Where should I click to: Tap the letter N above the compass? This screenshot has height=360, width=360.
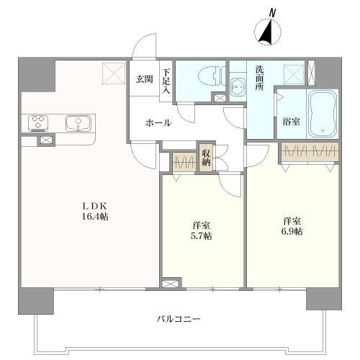pyautogui.click(x=272, y=12)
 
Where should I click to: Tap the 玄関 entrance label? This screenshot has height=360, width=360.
pyautogui.click(x=144, y=78)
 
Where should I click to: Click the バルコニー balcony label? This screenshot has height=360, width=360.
pyautogui.click(x=179, y=318)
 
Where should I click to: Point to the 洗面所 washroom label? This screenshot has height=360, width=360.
pyautogui.click(x=260, y=76)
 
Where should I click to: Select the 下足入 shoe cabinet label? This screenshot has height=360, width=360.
pyautogui.click(x=166, y=81)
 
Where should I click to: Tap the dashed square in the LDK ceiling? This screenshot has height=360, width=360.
pyautogui.click(x=114, y=73)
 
